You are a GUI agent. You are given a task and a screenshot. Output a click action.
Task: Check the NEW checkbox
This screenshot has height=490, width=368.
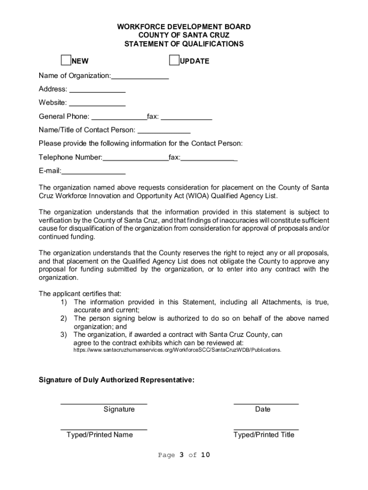click(x=65, y=60)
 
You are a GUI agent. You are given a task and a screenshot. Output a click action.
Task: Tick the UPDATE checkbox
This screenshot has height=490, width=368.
click(x=174, y=60)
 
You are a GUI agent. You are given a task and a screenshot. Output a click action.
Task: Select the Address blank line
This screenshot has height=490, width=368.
click(x=97, y=90)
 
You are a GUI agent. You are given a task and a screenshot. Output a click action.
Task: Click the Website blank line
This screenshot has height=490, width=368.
click(x=97, y=103)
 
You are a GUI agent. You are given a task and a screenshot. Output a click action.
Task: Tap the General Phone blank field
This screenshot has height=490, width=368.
click(x=119, y=117)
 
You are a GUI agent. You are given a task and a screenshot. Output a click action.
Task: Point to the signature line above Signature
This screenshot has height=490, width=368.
click(x=104, y=403)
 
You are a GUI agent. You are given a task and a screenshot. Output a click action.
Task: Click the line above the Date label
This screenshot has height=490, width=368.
click(x=266, y=403)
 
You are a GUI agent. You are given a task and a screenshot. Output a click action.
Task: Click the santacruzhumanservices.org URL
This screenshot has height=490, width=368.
click(x=177, y=350)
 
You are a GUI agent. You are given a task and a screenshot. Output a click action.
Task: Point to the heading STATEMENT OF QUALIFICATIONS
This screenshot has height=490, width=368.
click(x=184, y=44)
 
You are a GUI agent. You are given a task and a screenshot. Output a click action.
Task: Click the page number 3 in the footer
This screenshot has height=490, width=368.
click(x=182, y=455)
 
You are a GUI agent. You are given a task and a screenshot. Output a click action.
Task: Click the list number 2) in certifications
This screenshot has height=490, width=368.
click(x=63, y=318)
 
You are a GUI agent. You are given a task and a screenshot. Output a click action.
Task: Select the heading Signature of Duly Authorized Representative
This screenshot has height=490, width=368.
click(x=117, y=380)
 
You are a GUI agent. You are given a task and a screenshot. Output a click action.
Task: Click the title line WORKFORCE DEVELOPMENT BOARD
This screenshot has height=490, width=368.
click(x=184, y=27)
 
